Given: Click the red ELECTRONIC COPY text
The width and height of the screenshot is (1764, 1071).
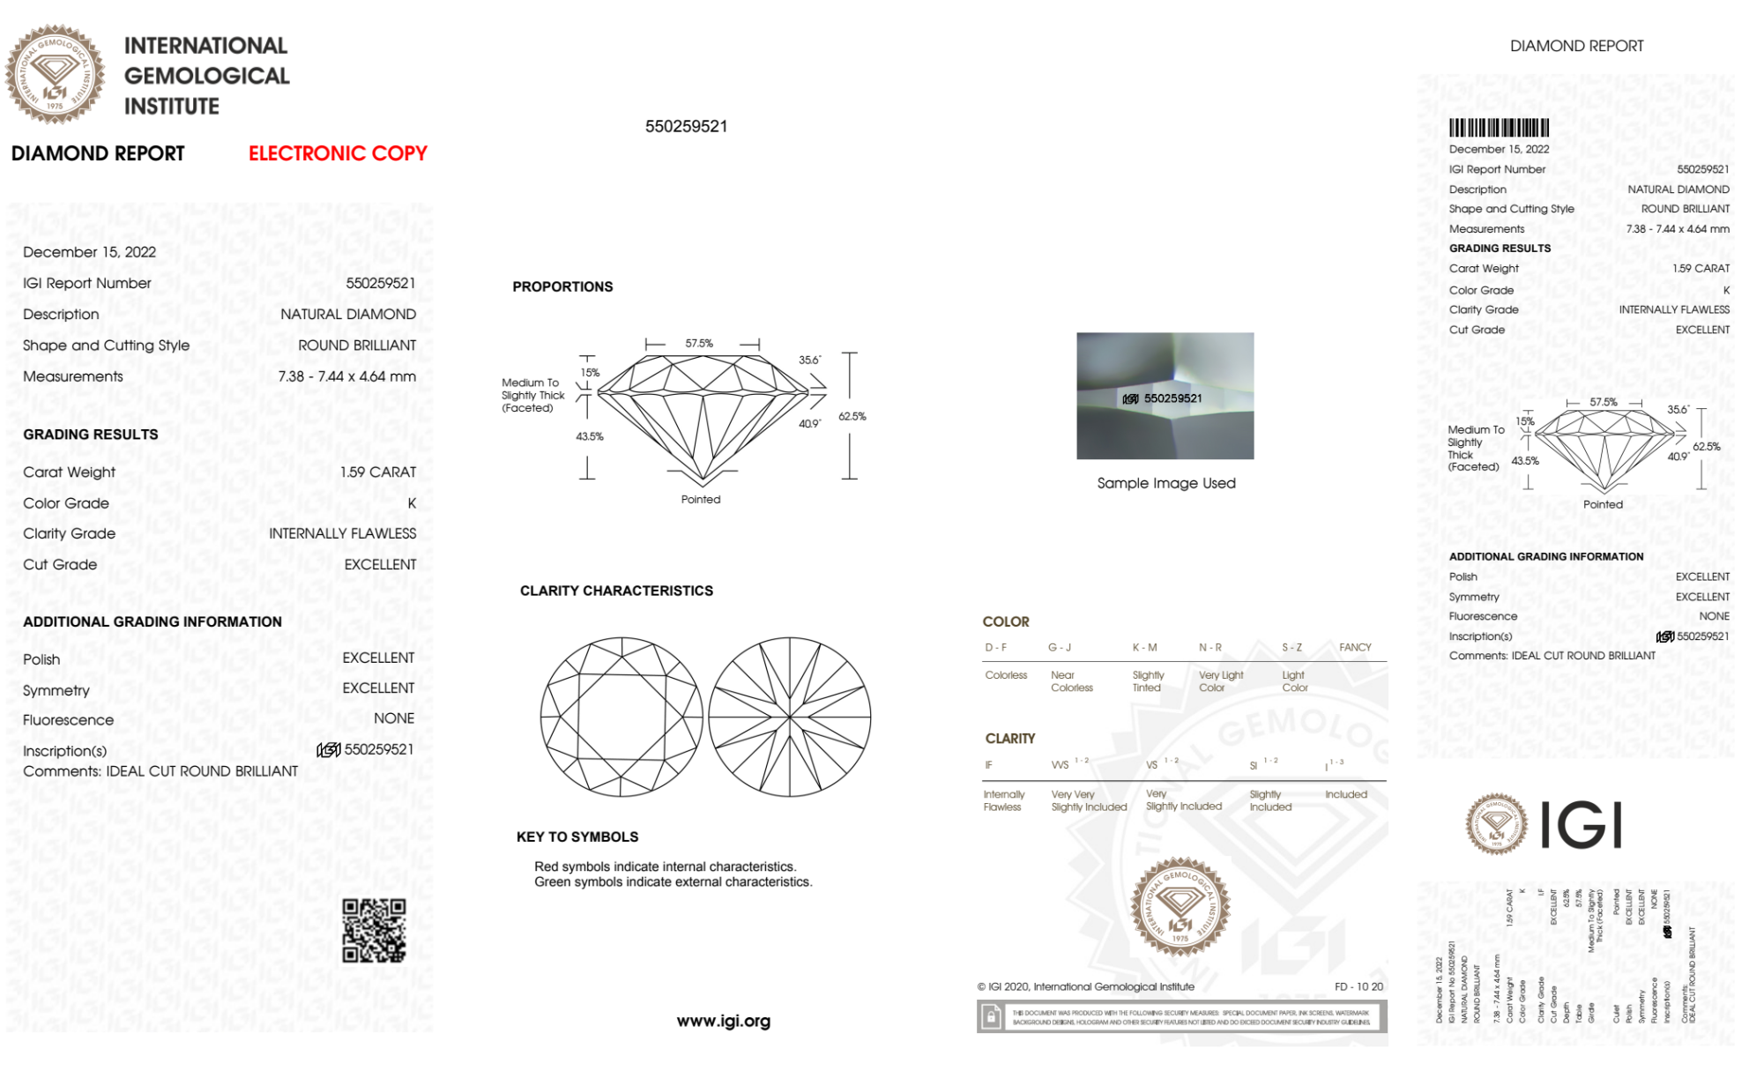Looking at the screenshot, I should pos(338,153).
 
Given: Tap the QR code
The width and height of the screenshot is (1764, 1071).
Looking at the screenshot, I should pos(374,931).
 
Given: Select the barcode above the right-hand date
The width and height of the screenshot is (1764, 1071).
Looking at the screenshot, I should pos(1499,128).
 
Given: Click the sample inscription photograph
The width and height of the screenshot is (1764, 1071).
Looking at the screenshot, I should pos(1165,396).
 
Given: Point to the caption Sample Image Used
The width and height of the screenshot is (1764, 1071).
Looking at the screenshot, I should pos(1165,483).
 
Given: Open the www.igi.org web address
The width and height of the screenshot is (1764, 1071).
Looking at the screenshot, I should pos(723,1021).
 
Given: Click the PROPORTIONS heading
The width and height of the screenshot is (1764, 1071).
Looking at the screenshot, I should pos(562,286).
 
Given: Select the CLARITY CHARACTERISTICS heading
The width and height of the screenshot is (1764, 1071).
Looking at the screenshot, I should pos(616,591).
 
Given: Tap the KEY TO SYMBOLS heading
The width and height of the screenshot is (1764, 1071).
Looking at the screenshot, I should pos(577,837).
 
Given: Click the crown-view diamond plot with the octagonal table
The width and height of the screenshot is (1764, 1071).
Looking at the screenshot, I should pos(621,717).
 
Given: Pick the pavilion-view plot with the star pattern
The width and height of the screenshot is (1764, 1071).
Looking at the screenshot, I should pos(790,717).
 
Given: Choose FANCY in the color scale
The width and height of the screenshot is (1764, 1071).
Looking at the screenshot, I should pos(1355,647).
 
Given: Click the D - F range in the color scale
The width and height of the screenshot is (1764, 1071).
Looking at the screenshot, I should pos(995,647).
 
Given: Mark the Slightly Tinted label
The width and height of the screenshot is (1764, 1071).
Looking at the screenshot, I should pos(1148,681).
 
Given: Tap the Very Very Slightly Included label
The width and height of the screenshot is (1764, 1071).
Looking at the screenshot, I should pos(1089,800).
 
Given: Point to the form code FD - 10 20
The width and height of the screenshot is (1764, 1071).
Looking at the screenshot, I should pos(1358,986).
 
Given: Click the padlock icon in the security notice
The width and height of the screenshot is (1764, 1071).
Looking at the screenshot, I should pos(991,1018).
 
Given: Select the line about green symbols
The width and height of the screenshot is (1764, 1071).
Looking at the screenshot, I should pos(673,881).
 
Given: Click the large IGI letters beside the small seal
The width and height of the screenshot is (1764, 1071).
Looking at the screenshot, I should pos(1582,825).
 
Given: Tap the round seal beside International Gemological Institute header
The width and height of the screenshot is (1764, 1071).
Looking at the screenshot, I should pos(55,74).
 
